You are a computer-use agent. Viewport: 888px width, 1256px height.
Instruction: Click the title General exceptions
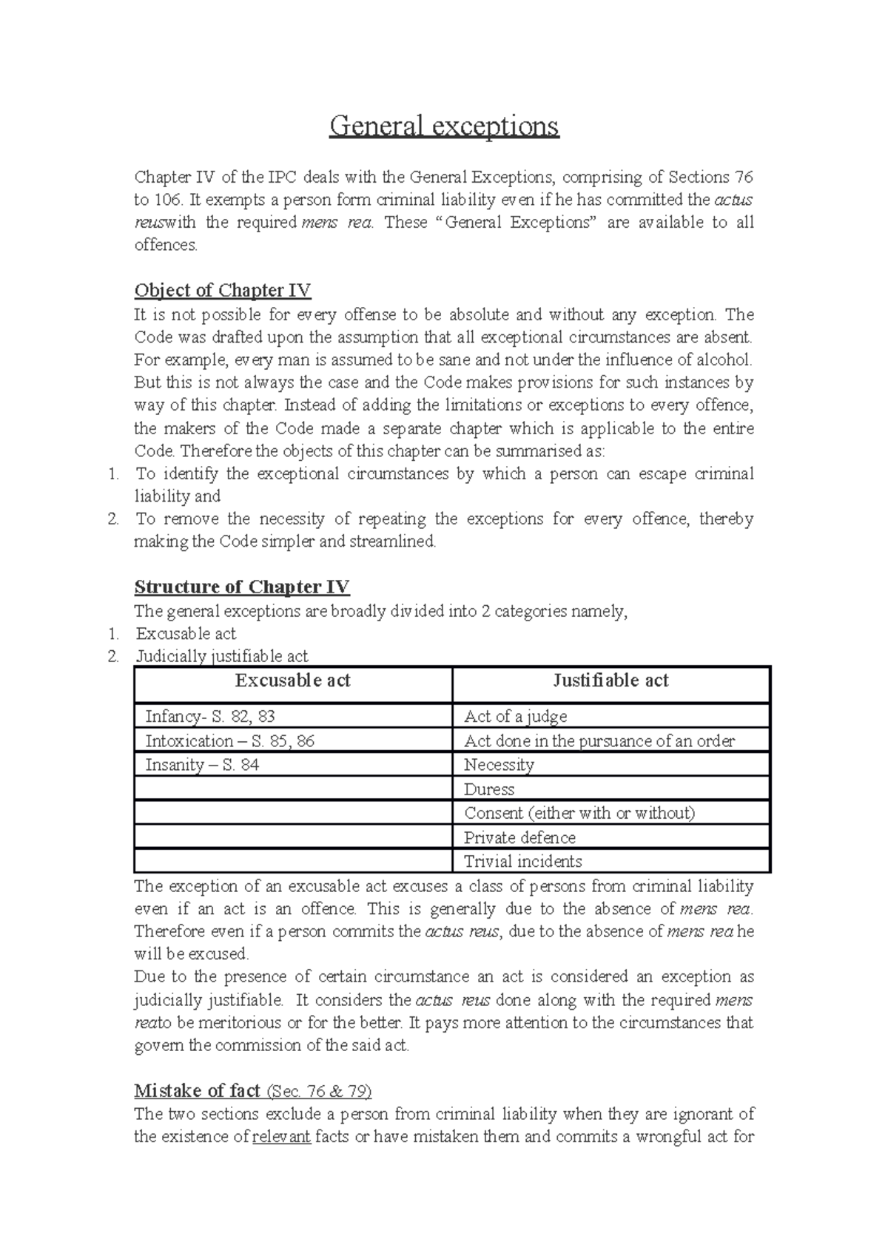coord(444,126)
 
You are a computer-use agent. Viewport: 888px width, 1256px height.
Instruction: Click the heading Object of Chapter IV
coord(222,291)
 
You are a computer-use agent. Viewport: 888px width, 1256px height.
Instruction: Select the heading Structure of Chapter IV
coord(241,587)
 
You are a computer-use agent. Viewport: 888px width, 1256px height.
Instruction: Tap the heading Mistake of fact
coord(197,1091)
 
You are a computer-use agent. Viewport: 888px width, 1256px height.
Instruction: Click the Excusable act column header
coord(293,681)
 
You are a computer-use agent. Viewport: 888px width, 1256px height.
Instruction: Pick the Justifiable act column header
coord(610,681)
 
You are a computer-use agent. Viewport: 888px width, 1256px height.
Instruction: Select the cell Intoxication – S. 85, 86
coord(229,741)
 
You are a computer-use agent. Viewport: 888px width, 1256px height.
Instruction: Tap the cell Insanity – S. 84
coord(202,766)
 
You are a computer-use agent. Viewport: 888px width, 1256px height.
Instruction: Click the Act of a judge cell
coord(516,717)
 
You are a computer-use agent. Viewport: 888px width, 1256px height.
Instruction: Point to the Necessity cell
coord(499,766)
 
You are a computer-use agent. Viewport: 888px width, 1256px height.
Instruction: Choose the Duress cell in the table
coord(489,789)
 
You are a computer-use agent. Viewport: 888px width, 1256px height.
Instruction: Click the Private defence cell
coord(519,838)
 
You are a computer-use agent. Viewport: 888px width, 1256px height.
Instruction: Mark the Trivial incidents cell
coord(523,862)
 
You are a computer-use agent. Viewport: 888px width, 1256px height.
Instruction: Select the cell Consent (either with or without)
coord(579,814)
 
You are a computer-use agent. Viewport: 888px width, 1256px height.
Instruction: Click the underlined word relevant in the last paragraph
coord(281,1137)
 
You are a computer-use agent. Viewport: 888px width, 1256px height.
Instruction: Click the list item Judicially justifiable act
coord(222,656)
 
